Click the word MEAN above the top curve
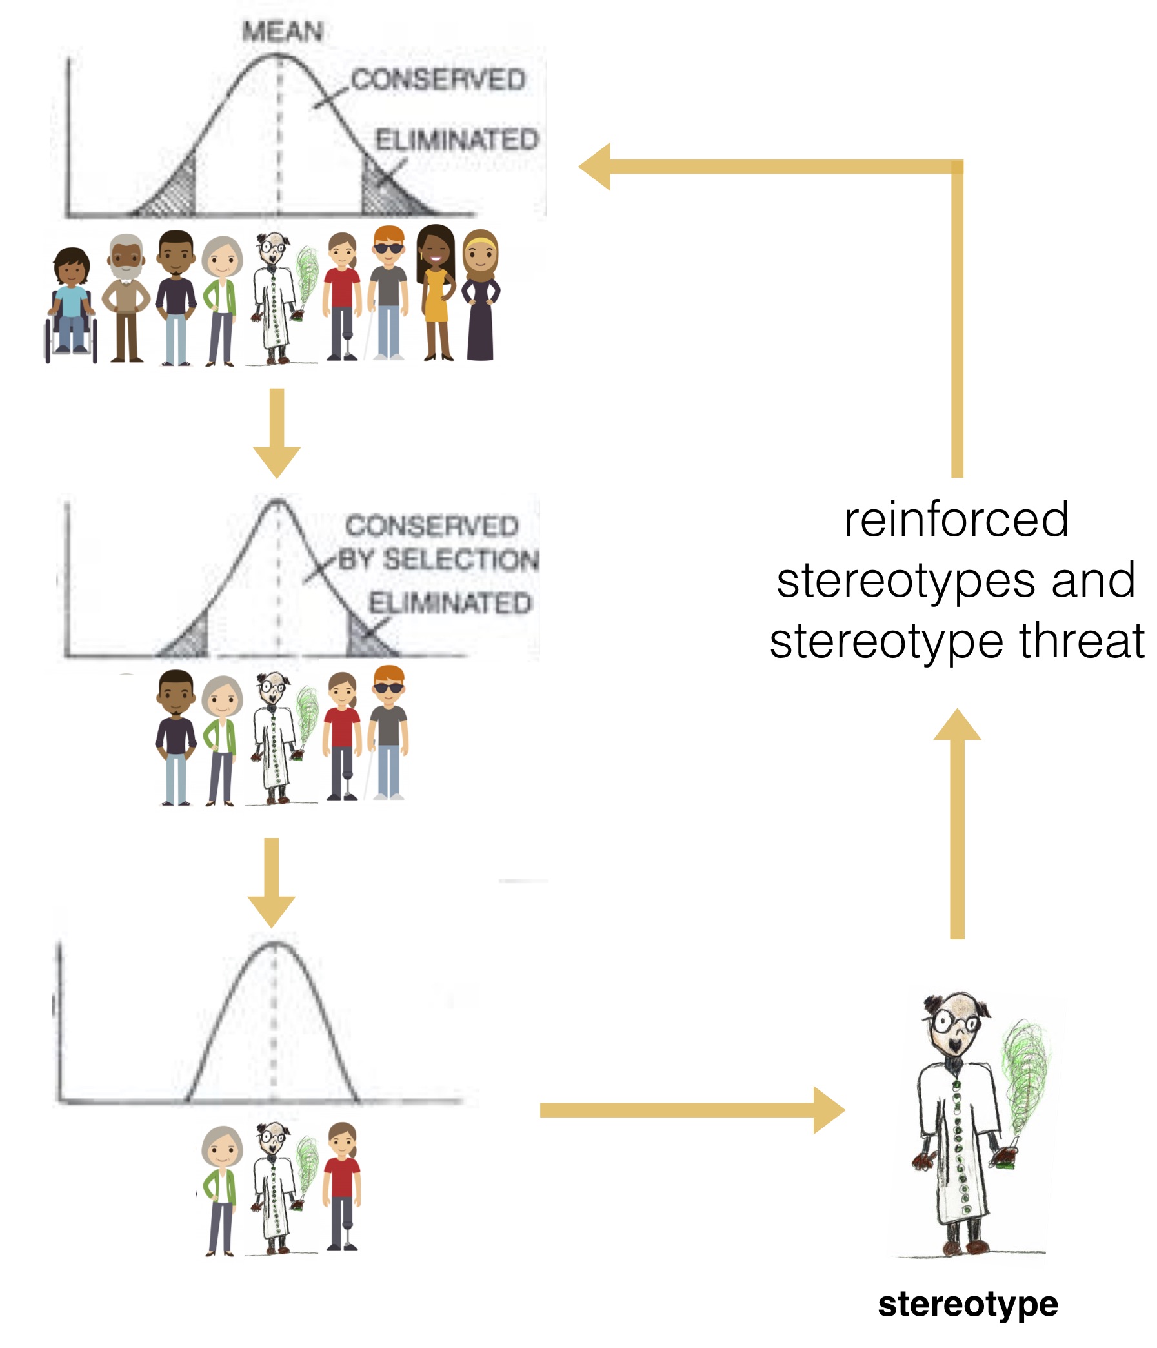(282, 31)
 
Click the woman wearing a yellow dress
(435, 292)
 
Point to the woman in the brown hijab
(481, 294)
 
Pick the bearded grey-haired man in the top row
(126, 298)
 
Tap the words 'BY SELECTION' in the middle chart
(438, 560)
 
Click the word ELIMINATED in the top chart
(458, 139)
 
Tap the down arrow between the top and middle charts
(277, 433)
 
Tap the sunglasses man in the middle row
(388, 732)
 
